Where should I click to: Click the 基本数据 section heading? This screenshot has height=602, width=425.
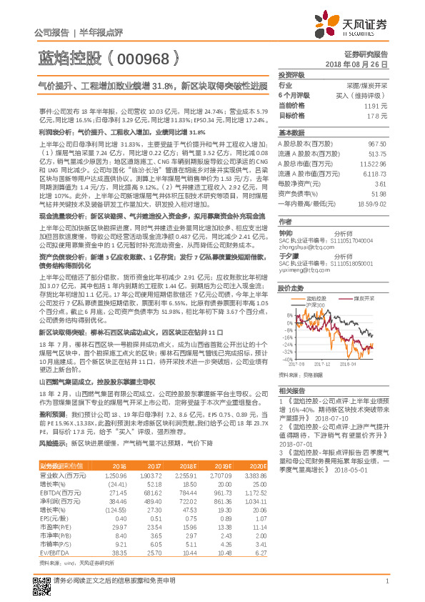[x=291, y=133]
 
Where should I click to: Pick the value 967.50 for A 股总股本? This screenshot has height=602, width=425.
[x=376, y=144]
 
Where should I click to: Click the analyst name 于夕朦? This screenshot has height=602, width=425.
[x=287, y=255]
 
